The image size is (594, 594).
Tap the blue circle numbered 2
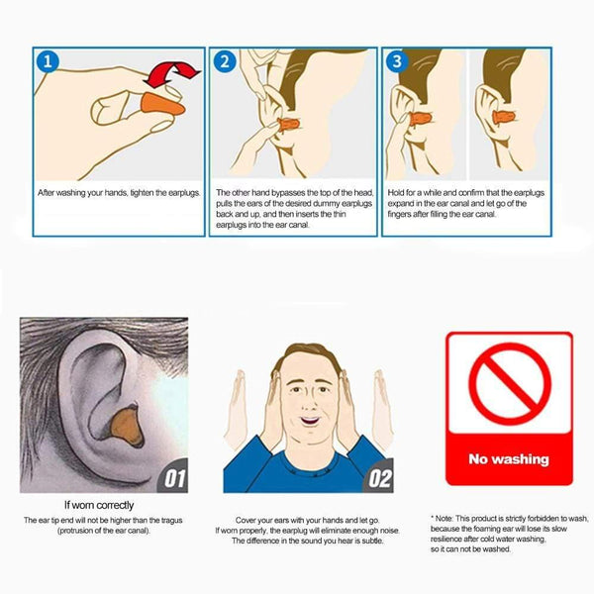click(x=225, y=61)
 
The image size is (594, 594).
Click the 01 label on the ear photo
click(x=173, y=480)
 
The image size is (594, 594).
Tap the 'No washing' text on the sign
click(x=508, y=459)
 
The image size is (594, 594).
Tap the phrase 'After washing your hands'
click(x=78, y=193)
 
